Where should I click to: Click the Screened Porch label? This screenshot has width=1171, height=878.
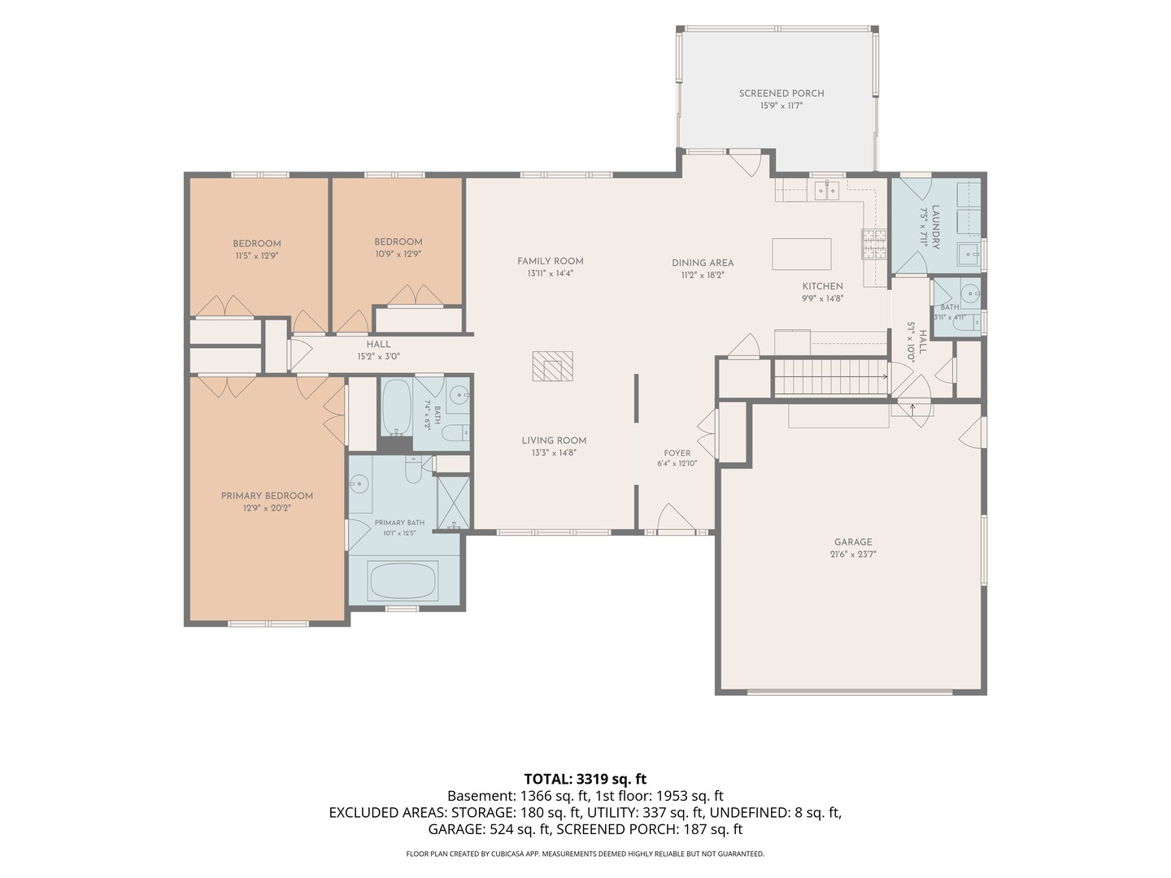781,93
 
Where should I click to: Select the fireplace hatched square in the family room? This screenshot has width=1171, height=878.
553,366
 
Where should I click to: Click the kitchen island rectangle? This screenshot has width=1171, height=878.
801,254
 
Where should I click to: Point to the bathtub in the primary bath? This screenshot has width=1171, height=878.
404,580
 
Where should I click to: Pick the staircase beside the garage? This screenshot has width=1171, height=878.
830,377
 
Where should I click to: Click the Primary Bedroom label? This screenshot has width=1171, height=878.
267,496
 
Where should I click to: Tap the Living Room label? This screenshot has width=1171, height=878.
554,441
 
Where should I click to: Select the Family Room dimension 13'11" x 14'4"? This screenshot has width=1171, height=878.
550,273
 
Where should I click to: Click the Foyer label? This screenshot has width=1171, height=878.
677,453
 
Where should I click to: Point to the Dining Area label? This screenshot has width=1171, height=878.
703,263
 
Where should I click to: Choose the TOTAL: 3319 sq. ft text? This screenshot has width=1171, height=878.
585,779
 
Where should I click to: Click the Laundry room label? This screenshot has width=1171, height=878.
935,227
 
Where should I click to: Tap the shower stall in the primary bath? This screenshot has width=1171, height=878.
454,502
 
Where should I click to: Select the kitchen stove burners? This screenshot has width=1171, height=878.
874,244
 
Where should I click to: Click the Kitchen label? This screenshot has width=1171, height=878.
823,286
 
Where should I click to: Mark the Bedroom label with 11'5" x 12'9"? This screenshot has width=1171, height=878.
257,244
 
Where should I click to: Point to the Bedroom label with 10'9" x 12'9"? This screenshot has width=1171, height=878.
398,242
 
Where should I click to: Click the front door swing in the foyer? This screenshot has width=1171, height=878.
676,517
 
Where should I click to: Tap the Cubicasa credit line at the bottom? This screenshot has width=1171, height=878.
585,854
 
